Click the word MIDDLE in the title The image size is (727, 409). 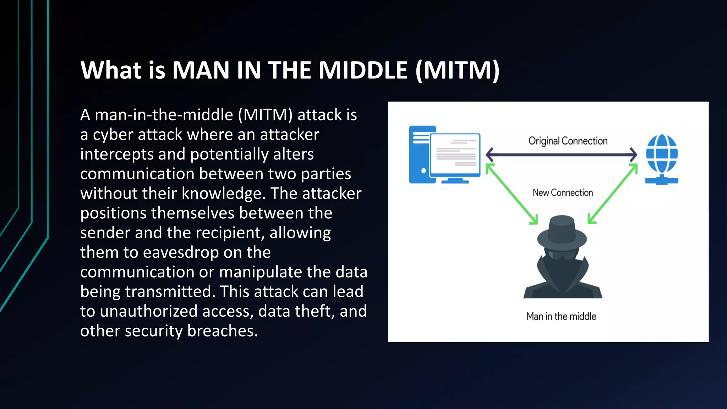coord(362,70)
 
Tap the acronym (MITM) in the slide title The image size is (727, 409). coord(457,70)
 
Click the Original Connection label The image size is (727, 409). coord(568,141)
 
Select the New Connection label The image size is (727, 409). coord(563,193)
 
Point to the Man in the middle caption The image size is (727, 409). coord(561,316)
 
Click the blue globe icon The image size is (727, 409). coord(662,154)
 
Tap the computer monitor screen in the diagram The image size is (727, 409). coord(455,154)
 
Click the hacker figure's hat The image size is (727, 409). coord(562,233)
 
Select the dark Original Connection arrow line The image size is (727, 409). coord(561,154)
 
